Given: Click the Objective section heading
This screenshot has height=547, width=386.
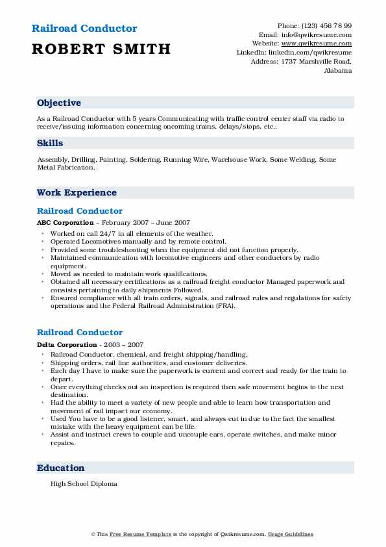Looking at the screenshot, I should (x=59, y=103).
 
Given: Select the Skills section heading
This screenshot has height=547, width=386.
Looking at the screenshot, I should (x=50, y=144).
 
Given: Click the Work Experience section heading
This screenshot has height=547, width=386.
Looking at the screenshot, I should (x=77, y=193).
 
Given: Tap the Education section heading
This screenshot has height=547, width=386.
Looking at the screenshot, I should (x=61, y=468).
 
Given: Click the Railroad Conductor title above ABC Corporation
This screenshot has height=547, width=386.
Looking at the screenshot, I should (x=80, y=211).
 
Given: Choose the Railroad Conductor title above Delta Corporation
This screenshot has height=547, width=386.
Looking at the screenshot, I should (x=80, y=333).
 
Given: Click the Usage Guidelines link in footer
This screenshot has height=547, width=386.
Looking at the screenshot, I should (x=291, y=534).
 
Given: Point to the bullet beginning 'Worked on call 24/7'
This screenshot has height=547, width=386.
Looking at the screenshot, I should (x=132, y=233).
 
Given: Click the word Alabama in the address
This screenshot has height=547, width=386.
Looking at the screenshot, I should (x=338, y=70).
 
